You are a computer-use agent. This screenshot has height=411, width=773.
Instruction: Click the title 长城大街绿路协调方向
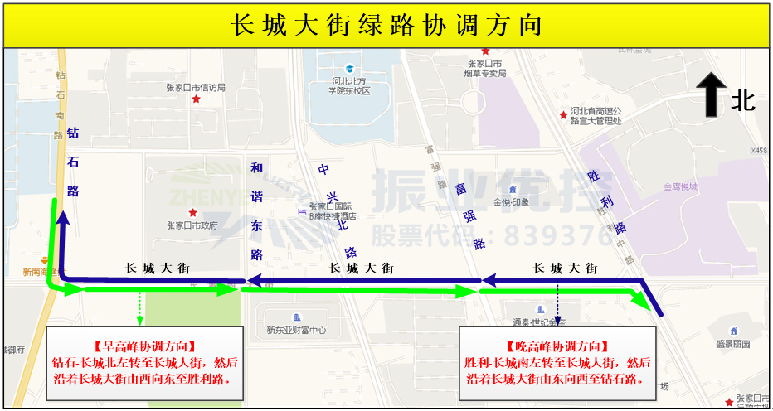(x=386, y=25)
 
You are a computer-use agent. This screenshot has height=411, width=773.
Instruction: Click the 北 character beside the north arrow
(x=742, y=101)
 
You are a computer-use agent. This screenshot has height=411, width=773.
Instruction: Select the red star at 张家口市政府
(x=192, y=213)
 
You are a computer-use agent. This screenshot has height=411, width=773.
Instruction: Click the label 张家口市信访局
(x=196, y=87)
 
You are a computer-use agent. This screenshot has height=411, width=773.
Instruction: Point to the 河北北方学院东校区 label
(x=350, y=85)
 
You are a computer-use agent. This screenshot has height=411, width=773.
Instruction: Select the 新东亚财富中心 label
(x=296, y=330)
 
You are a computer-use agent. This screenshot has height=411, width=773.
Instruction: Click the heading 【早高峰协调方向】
(x=144, y=346)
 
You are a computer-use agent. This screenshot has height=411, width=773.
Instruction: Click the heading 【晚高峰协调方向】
(x=557, y=346)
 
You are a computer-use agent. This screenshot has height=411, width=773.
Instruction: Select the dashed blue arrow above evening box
(x=557, y=305)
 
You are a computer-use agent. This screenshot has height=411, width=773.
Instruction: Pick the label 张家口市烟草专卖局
(x=485, y=68)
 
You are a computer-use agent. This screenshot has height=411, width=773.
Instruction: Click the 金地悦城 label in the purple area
(x=680, y=187)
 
